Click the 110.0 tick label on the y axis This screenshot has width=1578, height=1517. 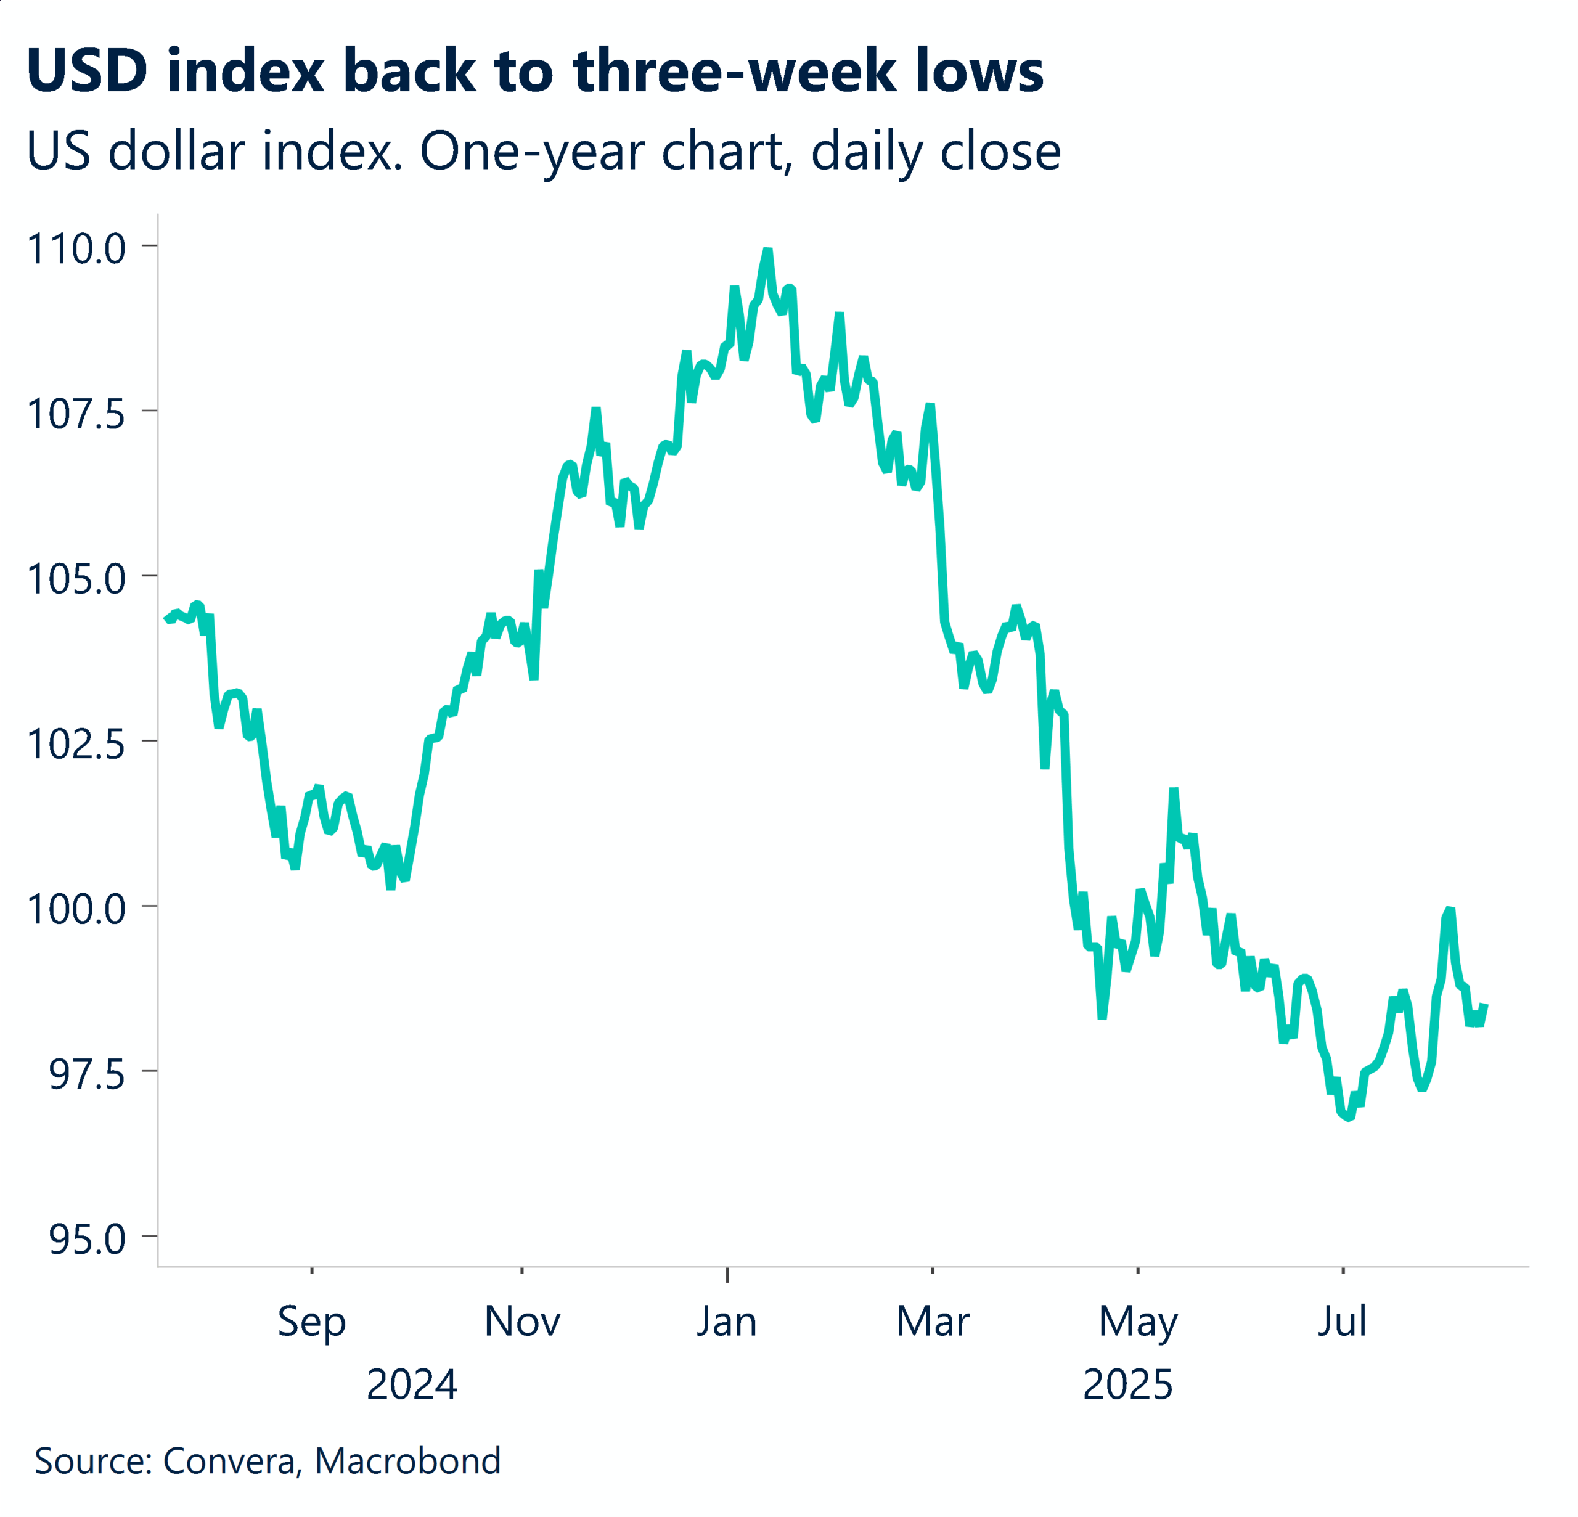(x=76, y=249)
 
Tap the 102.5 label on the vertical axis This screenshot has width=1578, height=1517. (x=76, y=744)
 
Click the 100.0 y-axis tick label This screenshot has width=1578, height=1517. (x=76, y=909)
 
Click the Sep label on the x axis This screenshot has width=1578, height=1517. (x=311, y=1323)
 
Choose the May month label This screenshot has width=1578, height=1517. (x=1138, y=1323)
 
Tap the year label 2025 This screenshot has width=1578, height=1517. (x=1127, y=1385)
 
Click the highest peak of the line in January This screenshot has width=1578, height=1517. (x=767, y=251)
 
